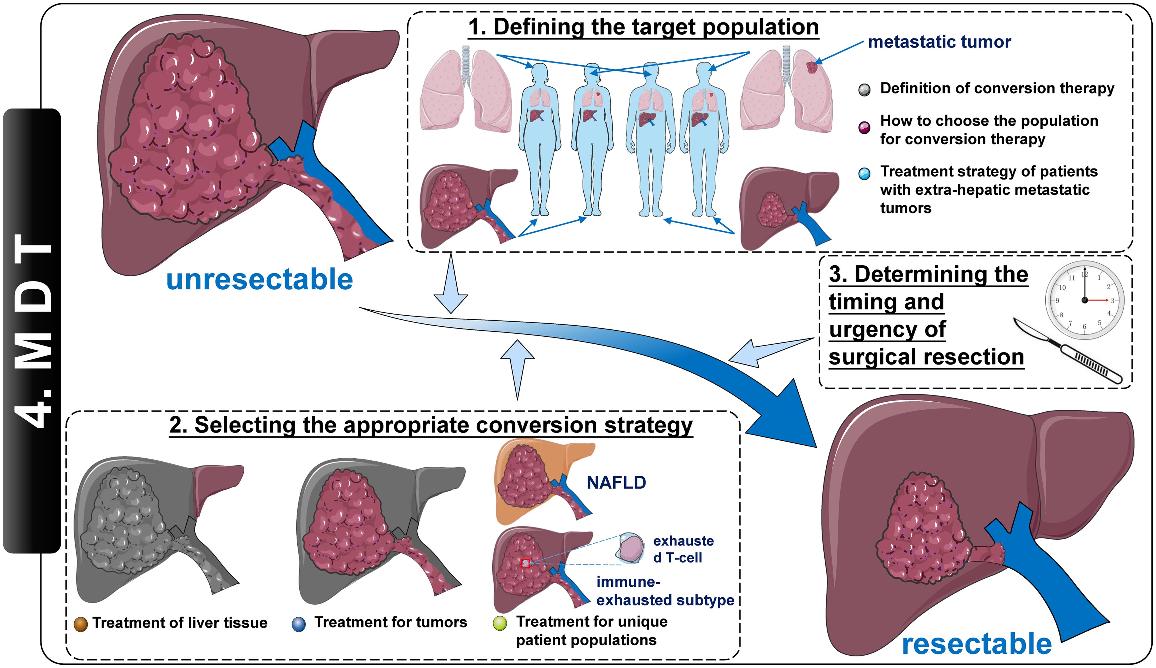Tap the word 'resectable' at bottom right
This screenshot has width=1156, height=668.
[976, 644]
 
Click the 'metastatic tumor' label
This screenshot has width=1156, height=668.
[939, 42]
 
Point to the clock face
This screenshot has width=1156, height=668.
[1084, 300]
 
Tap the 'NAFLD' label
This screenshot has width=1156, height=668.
[616, 483]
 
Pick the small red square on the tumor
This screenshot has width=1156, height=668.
[526, 563]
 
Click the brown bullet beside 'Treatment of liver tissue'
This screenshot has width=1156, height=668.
[81, 624]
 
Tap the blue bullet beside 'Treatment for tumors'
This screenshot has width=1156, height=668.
[299, 624]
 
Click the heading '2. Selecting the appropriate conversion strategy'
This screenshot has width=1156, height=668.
[431, 425]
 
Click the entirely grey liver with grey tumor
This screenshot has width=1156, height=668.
[138, 527]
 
